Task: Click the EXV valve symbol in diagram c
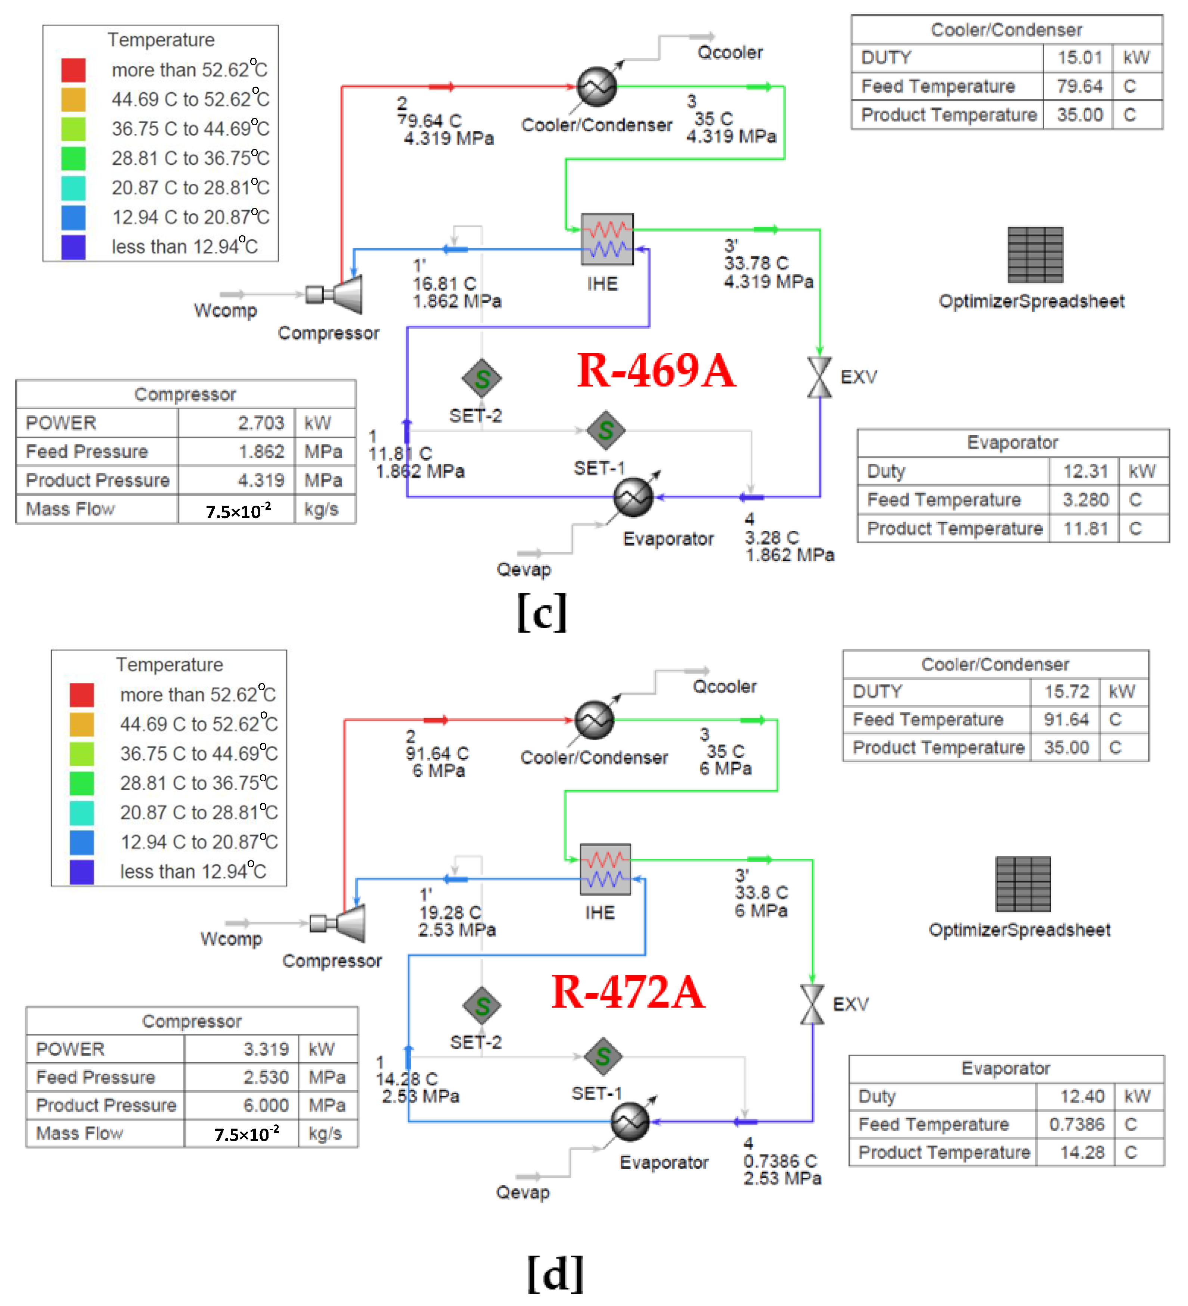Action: click(819, 378)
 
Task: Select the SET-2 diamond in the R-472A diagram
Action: click(482, 1005)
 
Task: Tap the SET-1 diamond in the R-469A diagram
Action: click(606, 430)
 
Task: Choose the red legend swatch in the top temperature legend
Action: click(73, 70)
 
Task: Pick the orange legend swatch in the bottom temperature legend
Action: click(82, 724)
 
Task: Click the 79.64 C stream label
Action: click(430, 121)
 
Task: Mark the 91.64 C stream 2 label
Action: click(437, 753)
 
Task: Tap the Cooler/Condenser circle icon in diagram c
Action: click(596, 87)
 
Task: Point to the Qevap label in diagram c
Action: click(523, 570)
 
